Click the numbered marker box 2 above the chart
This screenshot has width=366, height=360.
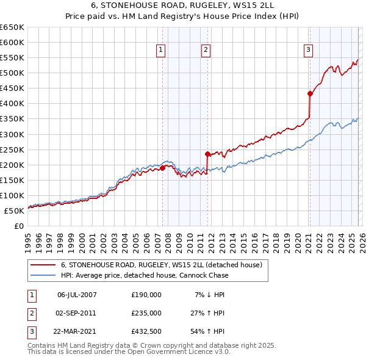pos(206,50)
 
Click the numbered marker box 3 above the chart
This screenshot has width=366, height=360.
pos(309,50)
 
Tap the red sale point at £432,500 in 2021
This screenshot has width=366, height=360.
pos(310,93)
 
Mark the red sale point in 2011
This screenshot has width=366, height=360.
pos(207,154)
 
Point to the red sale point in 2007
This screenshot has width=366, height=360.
pos(162,167)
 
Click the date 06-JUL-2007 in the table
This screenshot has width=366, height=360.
pos(76,295)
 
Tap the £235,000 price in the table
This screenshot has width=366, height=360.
pos(146,313)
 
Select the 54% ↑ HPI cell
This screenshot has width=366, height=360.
pos(208,331)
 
